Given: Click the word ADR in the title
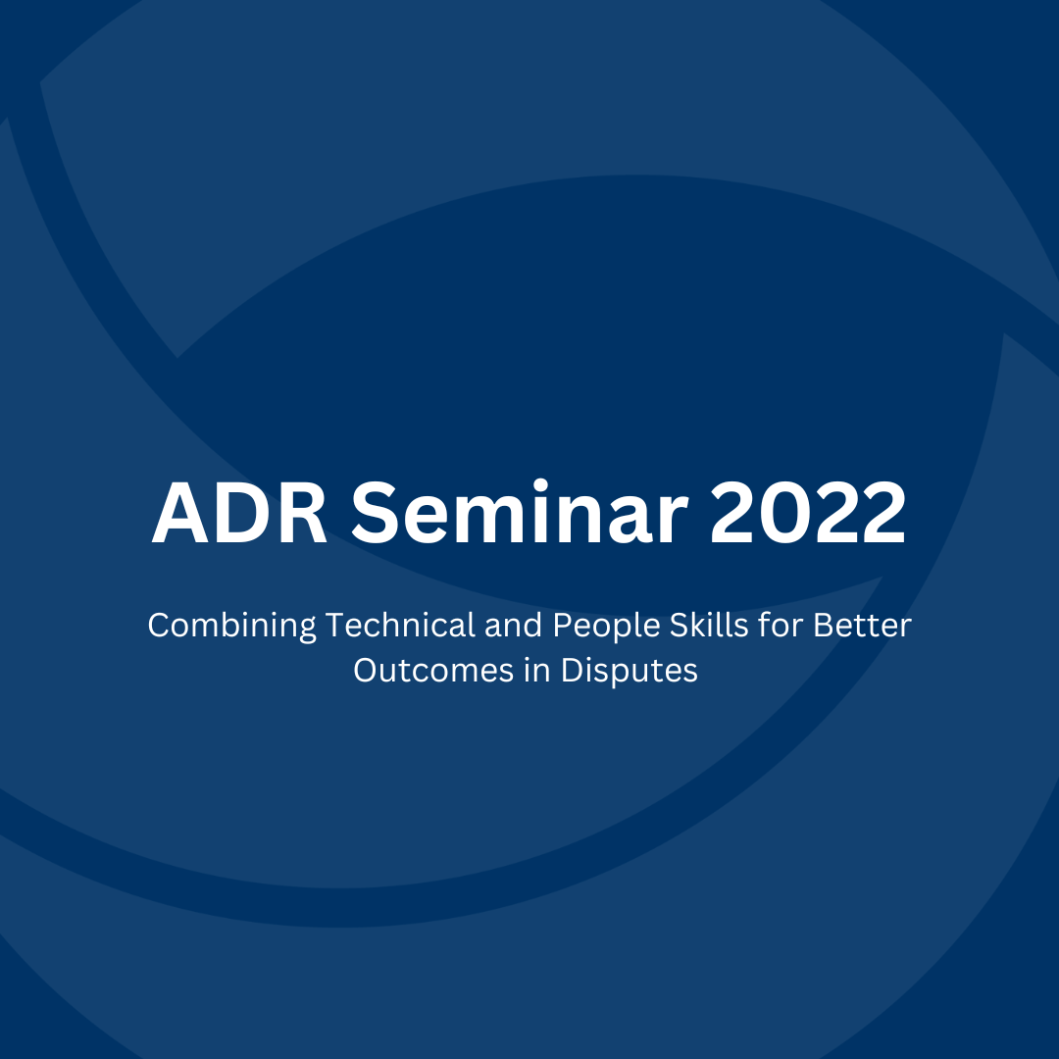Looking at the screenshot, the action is click(240, 513).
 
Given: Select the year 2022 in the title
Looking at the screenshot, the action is click(808, 512).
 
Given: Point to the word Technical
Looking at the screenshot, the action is click(400, 625).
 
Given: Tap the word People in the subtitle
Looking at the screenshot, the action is click(606, 627).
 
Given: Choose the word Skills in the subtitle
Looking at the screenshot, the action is click(709, 625).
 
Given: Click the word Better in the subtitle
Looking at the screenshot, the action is click(862, 626).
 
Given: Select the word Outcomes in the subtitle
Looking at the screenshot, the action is click(433, 671).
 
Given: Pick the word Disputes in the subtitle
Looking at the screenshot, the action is click(629, 672).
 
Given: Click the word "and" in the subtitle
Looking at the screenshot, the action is click(513, 625).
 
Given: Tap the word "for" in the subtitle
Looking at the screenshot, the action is click(781, 625).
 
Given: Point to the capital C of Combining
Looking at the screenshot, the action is click(160, 626).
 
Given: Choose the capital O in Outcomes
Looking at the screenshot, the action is click(368, 671).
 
